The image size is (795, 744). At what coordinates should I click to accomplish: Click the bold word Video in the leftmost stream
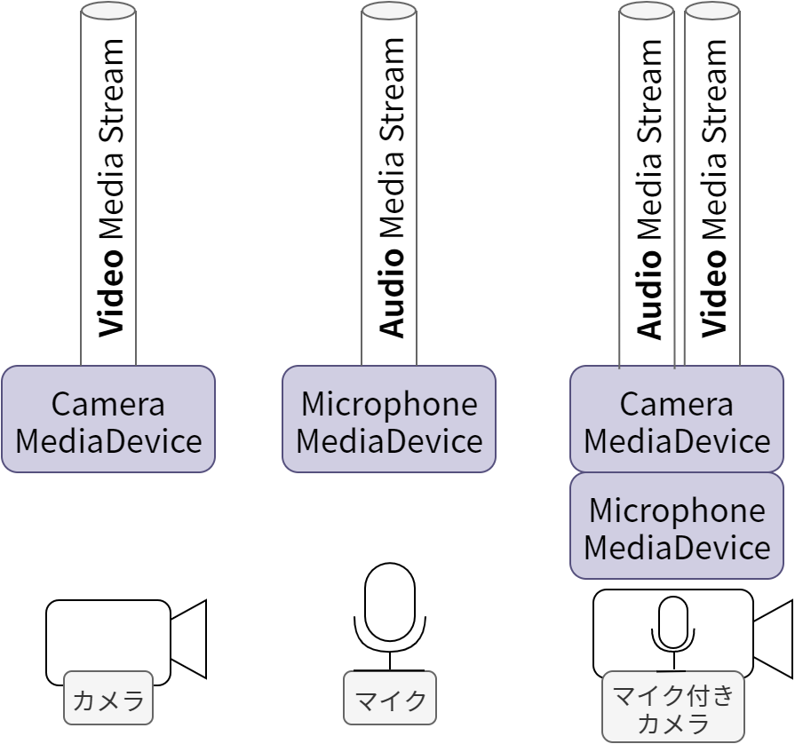click(110, 292)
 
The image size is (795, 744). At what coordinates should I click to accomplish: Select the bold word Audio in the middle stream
click(391, 292)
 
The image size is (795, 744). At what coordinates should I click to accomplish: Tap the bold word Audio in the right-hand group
click(649, 293)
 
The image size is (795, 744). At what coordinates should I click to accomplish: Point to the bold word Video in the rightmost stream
click(714, 292)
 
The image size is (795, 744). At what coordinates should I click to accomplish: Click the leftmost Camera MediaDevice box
click(108, 419)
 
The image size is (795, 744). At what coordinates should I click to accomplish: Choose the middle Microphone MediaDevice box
click(389, 419)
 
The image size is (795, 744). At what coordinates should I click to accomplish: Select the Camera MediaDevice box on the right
click(677, 419)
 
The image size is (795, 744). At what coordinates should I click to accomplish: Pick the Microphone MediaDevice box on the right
click(677, 526)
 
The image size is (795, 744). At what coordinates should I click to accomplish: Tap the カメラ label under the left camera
click(108, 700)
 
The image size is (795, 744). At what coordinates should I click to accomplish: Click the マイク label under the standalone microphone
click(390, 700)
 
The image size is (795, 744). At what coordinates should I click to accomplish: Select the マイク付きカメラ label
click(673, 708)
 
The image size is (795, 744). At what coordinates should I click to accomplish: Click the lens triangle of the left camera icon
click(190, 639)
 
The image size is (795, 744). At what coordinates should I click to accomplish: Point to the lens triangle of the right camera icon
click(774, 639)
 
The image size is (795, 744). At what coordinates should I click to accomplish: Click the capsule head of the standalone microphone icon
click(390, 601)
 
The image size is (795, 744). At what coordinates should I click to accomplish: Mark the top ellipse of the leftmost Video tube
click(108, 11)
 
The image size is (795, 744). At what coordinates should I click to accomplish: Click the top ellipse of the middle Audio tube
click(389, 11)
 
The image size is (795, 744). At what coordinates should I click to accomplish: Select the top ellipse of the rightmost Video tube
click(712, 11)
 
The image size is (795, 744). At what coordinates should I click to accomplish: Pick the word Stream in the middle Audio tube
click(391, 90)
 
